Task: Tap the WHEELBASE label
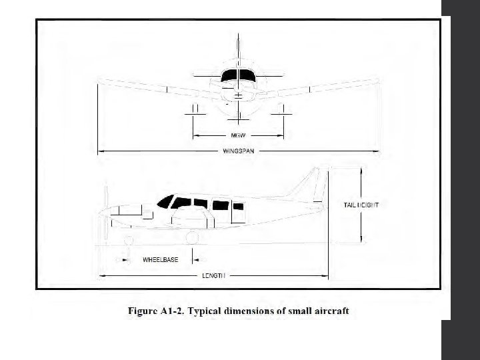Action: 161,259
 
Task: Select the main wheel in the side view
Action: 193,237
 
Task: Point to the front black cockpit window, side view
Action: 165,200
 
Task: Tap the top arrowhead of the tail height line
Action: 361,171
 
